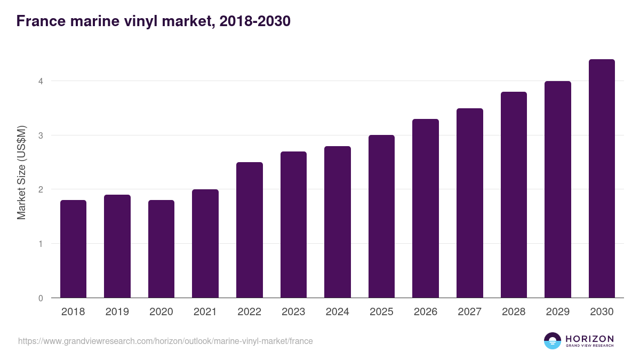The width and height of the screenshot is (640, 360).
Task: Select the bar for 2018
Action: (x=73, y=249)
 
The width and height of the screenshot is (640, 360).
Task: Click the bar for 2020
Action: (x=161, y=249)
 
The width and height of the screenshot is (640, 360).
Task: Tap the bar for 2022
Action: (x=249, y=230)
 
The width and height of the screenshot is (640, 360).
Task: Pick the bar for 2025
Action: (x=381, y=217)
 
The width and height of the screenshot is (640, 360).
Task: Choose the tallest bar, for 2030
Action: (x=602, y=179)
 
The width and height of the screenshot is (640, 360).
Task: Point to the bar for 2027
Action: (x=469, y=203)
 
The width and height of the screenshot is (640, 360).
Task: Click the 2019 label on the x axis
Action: (x=117, y=312)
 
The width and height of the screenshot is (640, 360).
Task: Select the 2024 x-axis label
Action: (x=337, y=312)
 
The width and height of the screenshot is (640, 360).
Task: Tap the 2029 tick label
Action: (x=557, y=312)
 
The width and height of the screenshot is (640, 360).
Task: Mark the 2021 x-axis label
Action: (x=205, y=312)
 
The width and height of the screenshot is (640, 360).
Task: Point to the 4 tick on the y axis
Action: (x=40, y=81)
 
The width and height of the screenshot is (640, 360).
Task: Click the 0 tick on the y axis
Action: (x=40, y=298)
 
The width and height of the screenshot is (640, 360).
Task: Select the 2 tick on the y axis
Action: (x=40, y=189)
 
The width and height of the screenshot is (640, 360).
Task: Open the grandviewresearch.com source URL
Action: (x=165, y=341)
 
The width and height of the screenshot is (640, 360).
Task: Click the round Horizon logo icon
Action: (x=553, y=341)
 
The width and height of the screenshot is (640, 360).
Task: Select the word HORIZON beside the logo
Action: (x=589, y=339)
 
